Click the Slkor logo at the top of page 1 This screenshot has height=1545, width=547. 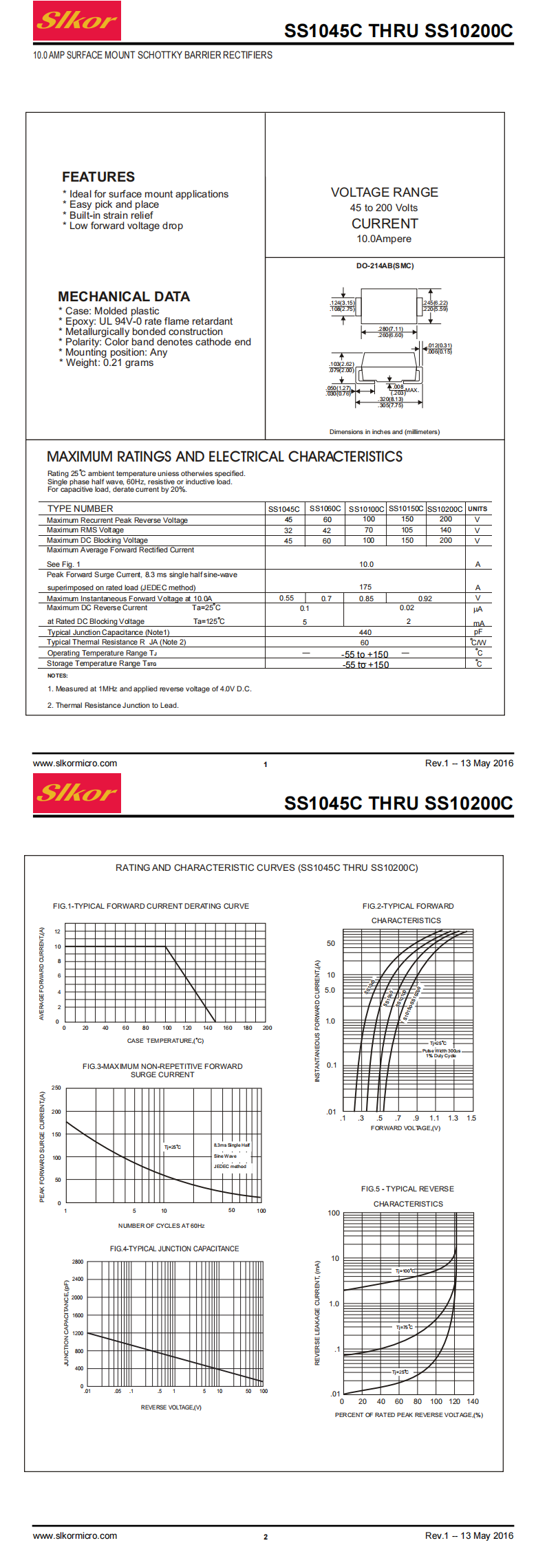pos(77,21)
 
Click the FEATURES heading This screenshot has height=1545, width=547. pos(98,177)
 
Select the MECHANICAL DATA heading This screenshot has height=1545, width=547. pos(124,296)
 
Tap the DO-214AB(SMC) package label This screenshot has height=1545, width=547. pos(385,266)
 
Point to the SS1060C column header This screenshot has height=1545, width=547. pos(325,508)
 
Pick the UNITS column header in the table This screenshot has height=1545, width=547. pos(478,509)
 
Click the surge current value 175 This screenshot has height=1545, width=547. pos(365,587)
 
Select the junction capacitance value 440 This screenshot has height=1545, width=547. pos(365,632)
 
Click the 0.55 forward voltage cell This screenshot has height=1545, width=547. pos(286,598)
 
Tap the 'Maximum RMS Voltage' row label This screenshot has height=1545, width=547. pos(85,530)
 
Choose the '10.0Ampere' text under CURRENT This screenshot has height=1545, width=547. pos(384,239)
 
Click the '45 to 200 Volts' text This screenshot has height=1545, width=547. pos(384,208)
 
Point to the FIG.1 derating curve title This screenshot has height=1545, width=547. pos(151,906)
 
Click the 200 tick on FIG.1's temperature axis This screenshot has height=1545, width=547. pos(267,1028)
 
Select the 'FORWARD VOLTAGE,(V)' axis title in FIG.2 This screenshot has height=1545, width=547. pos(405,1127)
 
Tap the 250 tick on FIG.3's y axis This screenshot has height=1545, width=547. pos(56,1088)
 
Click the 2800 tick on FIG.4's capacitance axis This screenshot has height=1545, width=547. pos(78,1262)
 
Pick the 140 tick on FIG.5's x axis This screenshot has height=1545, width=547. pos(473,1401)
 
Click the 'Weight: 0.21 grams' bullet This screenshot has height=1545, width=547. pos(109,363)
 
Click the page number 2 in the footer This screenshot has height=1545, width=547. pos(266,1537)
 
